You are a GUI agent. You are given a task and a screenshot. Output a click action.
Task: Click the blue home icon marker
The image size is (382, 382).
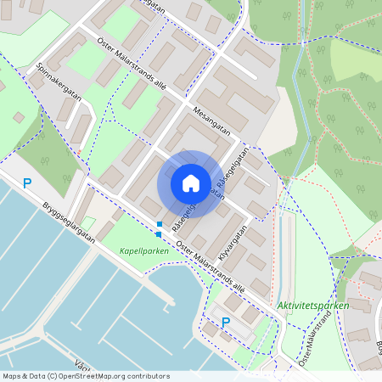coord(191,183)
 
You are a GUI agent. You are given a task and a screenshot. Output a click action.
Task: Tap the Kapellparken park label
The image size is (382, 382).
coord(141,251)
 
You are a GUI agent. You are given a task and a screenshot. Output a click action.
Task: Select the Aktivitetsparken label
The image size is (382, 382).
coord(301,305)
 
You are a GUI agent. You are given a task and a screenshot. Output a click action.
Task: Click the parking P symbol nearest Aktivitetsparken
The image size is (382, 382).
coord(225,322)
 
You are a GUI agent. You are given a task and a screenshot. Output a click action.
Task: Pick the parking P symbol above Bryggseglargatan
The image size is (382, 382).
coord(27,183)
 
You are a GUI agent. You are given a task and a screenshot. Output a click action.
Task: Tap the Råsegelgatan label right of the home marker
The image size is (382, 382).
coord(231,171)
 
